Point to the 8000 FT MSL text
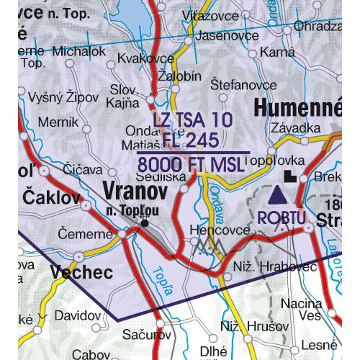[x=192, y=164]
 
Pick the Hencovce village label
[x=213, y=230]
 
